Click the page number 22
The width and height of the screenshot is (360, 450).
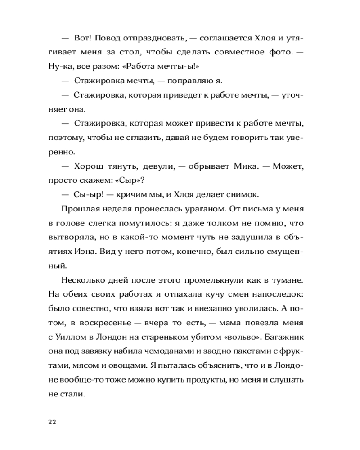pos(51,422)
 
